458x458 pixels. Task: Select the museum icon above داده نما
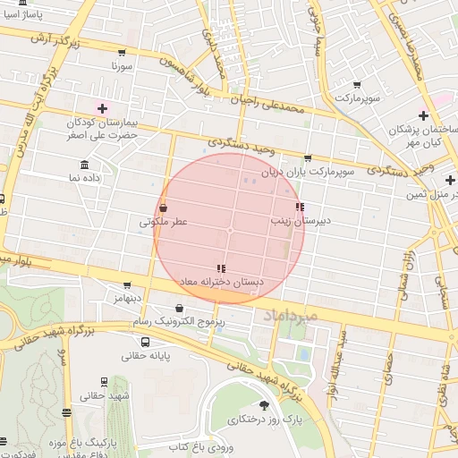[x=84, y=165]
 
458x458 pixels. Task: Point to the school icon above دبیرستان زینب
[x=299, y=208]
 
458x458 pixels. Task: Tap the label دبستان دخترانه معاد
[x=221, y=281]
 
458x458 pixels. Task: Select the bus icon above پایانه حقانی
[x=146, y=341]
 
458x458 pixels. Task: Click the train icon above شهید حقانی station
[x=104, y=382]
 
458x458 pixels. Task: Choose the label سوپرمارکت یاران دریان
[x=309, y=170]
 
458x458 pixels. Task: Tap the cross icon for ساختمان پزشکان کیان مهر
[x=423, y=116]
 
